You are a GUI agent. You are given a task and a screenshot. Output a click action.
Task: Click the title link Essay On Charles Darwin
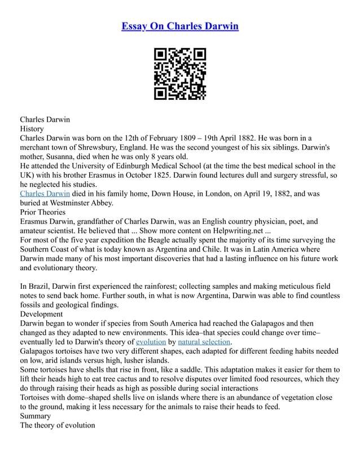pyautogui.click(x=180, y=27)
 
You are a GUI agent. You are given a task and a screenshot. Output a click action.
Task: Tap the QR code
pyautogui.click(x=180, y=74)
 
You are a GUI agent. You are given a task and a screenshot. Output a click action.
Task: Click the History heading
pyautogui.click(x=32, y=129)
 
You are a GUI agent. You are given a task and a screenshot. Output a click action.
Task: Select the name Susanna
pyautogui.click(x=63, y=156)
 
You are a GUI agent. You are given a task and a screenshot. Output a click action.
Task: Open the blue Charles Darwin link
pyautogui.click(x=45, y=194)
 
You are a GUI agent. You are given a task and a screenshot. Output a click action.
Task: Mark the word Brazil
pyautogui.click(x=40, y=286)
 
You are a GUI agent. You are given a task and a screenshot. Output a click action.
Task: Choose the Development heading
pyautogui.click(x=42, y=314)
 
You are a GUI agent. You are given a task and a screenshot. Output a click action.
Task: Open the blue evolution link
pyautogui.click(x=151, y=341)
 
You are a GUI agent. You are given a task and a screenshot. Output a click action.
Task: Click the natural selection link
pyautogui.click(x=204, y=341)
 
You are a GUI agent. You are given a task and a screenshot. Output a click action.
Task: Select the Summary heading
pyautogui.click(x=35, y=416)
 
